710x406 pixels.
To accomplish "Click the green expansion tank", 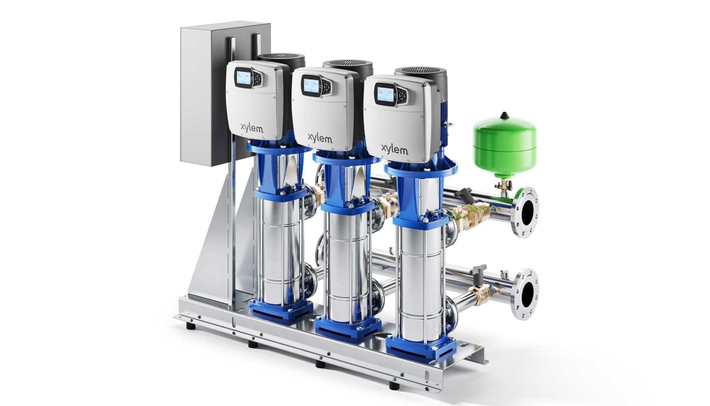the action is pos(505,145).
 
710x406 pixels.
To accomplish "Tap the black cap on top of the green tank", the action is pos(504,116).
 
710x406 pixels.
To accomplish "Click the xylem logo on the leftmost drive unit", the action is pos(252,128).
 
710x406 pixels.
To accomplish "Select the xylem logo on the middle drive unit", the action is pos(320,138).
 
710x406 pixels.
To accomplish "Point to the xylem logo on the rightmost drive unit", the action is pos(394,149).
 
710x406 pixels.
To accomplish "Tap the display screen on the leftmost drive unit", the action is pos(243,78).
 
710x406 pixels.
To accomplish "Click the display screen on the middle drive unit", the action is pos(311,86).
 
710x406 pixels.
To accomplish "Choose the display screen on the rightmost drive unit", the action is pos(385,94).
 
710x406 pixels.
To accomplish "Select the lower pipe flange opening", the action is pos(528,294).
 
